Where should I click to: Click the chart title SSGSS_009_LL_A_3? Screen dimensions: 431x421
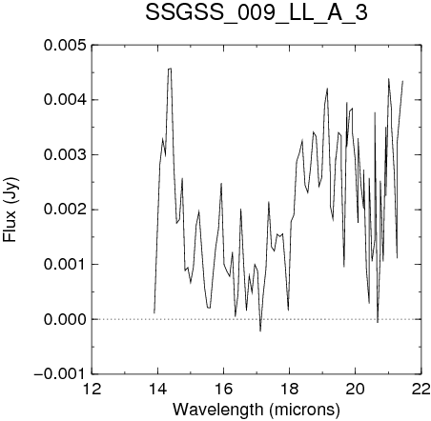(x=257, y=12)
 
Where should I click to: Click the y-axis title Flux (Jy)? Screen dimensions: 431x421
(x=10, y=210)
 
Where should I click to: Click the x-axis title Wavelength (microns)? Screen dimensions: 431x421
(x=257, y=410)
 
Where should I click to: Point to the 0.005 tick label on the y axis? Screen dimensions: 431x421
(x=65, y=45)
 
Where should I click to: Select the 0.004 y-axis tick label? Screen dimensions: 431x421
(x=65, y=100)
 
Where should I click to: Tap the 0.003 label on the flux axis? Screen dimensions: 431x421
(x=65, y=155)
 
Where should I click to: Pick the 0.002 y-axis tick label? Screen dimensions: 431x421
(x=65, y=210)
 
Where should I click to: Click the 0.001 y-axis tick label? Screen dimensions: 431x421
(x=65, y=265)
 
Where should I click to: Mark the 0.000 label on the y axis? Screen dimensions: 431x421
(x=65, y=319)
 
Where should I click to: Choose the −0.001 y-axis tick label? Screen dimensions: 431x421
(x=60, y=374)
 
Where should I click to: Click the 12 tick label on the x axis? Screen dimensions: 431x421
(x=92, y=390)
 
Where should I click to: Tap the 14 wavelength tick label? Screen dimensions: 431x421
(x=158, y=390)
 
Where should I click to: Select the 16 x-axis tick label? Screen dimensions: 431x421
(x=224, y=390)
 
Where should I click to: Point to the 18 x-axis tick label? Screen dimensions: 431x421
(x=289, y=390)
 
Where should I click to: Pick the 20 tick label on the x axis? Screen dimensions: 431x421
(x=355, y=390)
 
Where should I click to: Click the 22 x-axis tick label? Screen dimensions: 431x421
(x=421, y=390)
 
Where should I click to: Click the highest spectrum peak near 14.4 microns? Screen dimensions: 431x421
(x=170, y=69)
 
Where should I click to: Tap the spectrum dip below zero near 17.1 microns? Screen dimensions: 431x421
(x=260, y=331)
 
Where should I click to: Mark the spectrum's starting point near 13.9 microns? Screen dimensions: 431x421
(x=154, y=313)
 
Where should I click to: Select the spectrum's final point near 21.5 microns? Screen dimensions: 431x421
(x=402, y=81)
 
